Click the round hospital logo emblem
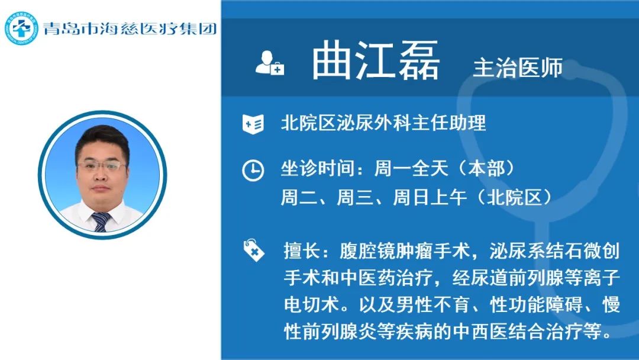point(21,28)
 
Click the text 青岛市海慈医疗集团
point(130,28)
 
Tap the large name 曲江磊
point(375,60)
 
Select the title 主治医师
point(518,67)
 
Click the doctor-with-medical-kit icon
point(269,63)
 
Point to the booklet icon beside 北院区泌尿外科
point(253,124)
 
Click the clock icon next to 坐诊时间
point(253,170)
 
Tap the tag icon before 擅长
point(253,250)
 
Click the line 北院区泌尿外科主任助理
point(383,123)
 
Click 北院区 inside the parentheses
point(515,198)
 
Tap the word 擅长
point(302,250)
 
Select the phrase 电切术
point(312,304)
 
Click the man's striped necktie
point(100,221)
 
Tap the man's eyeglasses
point(102,166)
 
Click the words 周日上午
point(430,198)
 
